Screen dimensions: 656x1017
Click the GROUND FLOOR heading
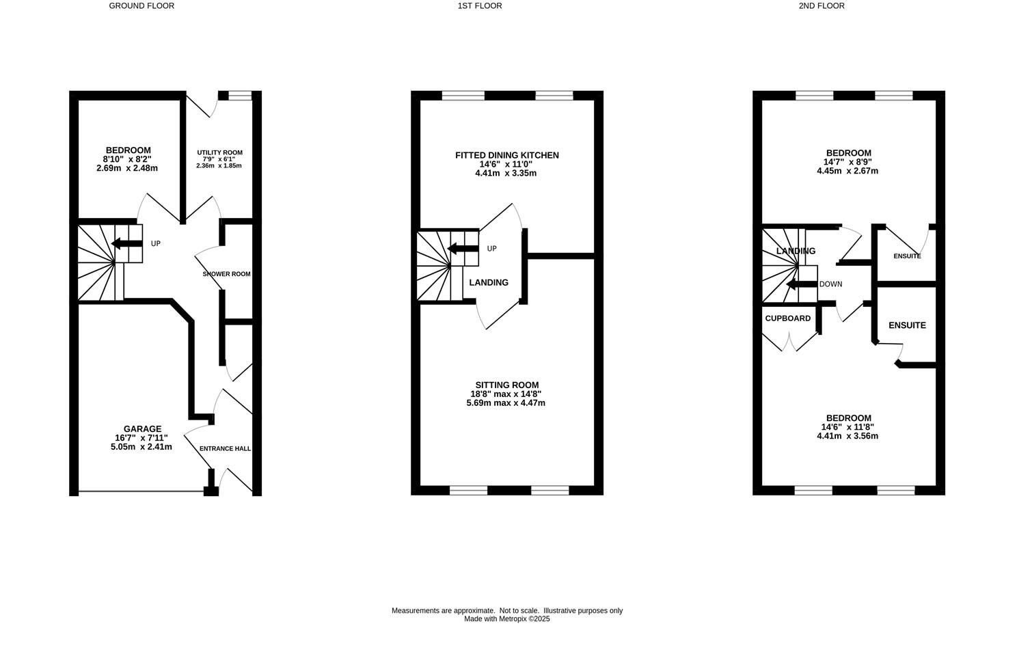pyautogui.click(x=141, y=6)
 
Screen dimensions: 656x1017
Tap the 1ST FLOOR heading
pyautogui.click(x=480, y=6)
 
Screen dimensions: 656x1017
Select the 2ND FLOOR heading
pyautogui.click(x=822, y=6)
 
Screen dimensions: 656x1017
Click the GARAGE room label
pyautogui.click(x=142, y=429)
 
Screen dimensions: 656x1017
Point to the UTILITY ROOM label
pyautogui.click(x=219, y=153)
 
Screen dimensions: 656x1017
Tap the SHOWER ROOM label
pyautogui.click(x=226, y=274)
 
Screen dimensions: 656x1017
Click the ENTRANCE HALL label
pyautogui.click(x=225, y=449)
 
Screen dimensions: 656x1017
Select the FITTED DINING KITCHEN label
pyautogui.click(x=506, y=156)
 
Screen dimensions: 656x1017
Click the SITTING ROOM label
pyautogui.click(x=506, y=385)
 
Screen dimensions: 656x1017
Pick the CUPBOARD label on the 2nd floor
pyautogui.click(x=787, y=318)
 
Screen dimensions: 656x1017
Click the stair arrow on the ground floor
pyautogui.click(x=126, y=243)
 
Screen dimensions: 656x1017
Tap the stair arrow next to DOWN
pyautogui.click(x=800, y=284)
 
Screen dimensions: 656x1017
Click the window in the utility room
pyautogui.click(x=240, y=96)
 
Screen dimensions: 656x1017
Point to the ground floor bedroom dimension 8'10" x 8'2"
pyautogui.click(x=128, y=159)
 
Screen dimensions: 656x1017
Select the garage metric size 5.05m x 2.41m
pyautogui.click(x=141, y=447)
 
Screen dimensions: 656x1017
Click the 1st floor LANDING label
pyautogui.click(x=489, y=283)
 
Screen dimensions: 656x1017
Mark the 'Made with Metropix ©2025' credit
pyautogui.click(x=506, y=619)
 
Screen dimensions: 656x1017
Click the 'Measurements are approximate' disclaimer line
pyautogui.click(x=506, y=611)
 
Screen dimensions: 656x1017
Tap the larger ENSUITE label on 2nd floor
pyautogui.click(x=907, y=325)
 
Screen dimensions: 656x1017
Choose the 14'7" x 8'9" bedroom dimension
pyautogui.click(x=847, y=162)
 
